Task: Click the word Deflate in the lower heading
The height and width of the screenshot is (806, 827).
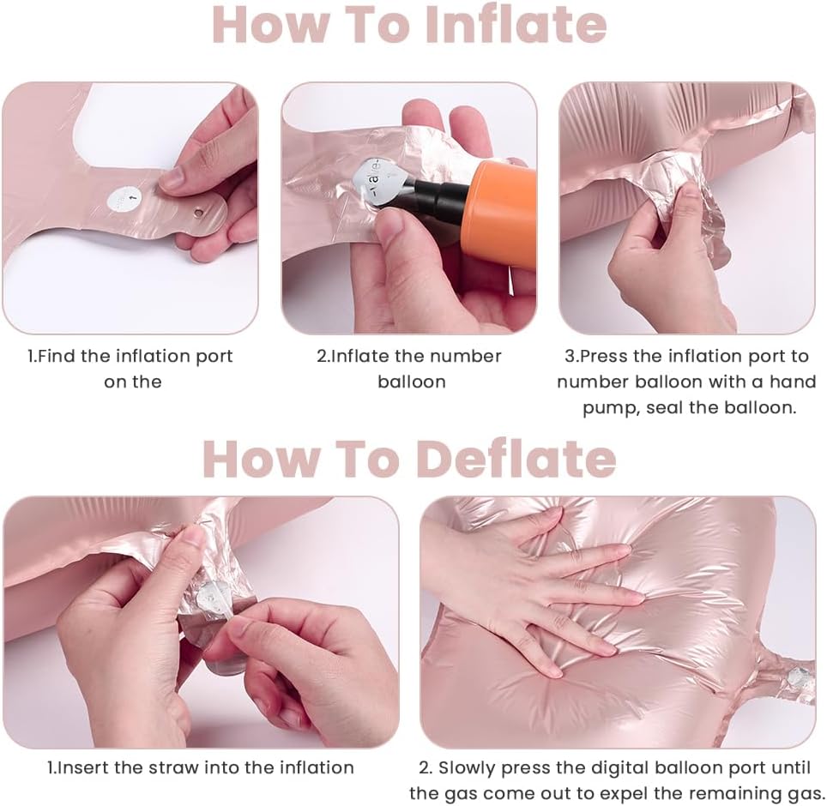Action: [516, 459]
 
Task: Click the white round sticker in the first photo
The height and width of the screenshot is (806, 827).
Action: [124, 199]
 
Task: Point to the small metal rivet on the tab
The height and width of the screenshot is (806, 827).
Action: [199, 213]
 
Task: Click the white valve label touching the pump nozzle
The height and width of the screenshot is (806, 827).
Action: [381, 183]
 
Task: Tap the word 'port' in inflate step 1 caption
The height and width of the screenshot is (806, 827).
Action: [214, 357]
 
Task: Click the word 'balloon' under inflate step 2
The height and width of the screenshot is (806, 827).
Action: [412, 382]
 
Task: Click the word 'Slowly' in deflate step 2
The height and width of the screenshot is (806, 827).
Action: [468, 768]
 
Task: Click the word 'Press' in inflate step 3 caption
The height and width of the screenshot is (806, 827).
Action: [604, 357]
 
